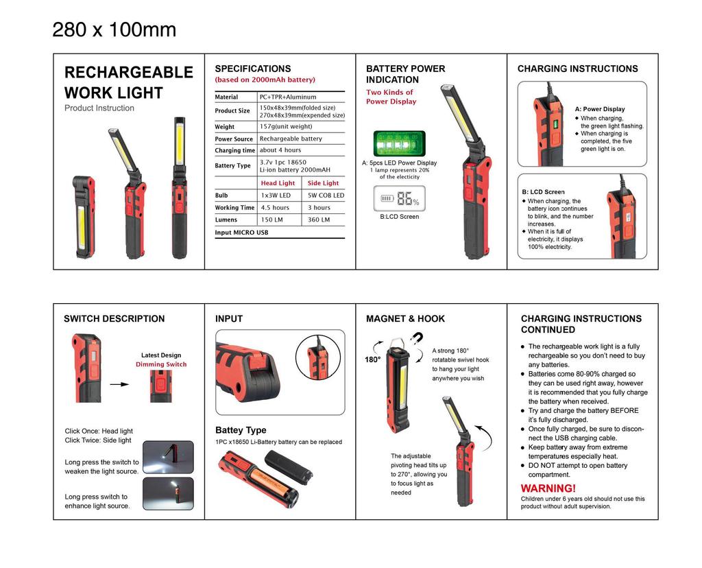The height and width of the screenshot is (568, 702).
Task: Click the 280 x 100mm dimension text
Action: coord(114,30)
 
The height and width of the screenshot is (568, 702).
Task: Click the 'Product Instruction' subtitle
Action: coord(99,108)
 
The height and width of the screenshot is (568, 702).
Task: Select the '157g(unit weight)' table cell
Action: coord(286,126)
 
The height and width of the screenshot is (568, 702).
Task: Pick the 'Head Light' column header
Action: coord(278,183)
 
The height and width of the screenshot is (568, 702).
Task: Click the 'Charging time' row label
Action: coord(234,150)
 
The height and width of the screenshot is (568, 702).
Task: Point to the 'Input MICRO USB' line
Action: coord(242,233)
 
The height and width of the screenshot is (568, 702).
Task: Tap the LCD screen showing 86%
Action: coord(399,200)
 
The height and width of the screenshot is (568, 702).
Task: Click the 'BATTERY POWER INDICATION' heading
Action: coord(405,74)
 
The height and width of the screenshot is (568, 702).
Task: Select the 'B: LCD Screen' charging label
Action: coord(543,192)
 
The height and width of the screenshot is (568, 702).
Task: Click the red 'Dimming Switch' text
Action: coord(161,364)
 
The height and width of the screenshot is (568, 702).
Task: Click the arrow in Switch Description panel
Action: coord(120,385)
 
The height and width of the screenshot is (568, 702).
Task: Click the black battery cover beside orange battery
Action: coord(288,466)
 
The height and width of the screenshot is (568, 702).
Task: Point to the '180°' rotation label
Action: coord(373,359)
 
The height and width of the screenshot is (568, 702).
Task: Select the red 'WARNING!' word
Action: coord(548,488)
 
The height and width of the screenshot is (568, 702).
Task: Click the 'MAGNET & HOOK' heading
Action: coord(405,319)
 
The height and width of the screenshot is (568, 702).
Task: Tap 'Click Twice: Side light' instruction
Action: coord(98,440)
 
